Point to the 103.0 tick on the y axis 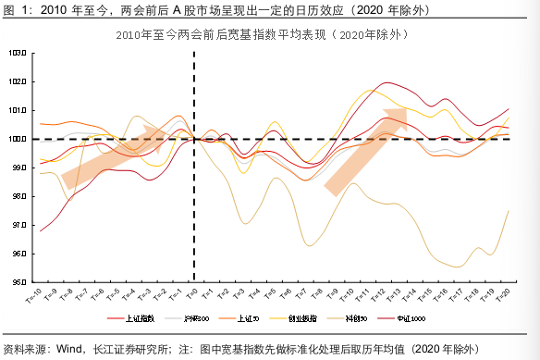(x=17, y=53)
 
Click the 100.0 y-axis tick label (x=17, y=139)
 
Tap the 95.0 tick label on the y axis (x=17, y=282)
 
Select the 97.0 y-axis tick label (x=17, y=225)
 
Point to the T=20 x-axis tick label (x=504, y=295)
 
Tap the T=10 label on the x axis (x=348, y=295)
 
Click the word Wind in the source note (x=71, y=350)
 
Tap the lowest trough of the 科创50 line (x=459, y=267)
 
